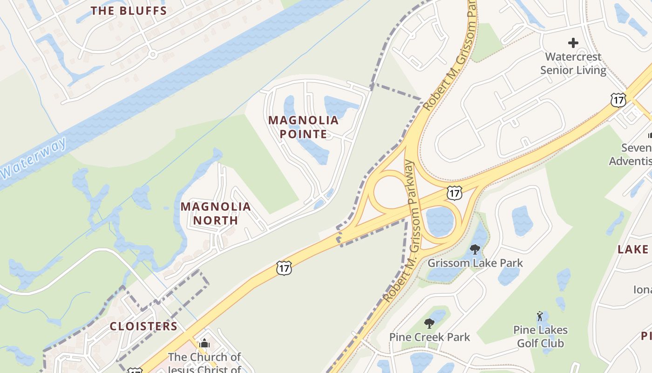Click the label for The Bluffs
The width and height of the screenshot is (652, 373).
click(129, 11)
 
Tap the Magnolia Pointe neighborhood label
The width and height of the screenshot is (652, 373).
click(303, 127)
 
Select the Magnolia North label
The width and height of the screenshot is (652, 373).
click(216, 213)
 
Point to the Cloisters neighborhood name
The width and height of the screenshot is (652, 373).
click(143, 326)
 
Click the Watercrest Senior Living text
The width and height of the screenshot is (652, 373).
click(573, 63)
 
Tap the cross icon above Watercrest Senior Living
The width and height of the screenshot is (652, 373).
click(573, 43)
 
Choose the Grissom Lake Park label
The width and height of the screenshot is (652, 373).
click(475, 263)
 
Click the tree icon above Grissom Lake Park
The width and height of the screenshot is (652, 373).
click(475, 249)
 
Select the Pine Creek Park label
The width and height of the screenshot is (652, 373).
click(429, 337)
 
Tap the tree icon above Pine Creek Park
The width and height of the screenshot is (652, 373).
click(429, 323)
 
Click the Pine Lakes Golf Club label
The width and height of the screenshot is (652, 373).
click(540, 337)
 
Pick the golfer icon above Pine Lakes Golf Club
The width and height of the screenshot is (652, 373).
click(540, 316)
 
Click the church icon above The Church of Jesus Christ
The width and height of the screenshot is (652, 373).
click(204, 344)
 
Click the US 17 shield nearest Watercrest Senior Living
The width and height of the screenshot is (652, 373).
click(618, 99)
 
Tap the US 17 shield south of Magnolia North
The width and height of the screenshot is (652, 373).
click(284, 268)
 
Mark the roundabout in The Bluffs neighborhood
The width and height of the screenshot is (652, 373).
click(152, 55)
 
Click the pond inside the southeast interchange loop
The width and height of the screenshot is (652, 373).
click(439, 221)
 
